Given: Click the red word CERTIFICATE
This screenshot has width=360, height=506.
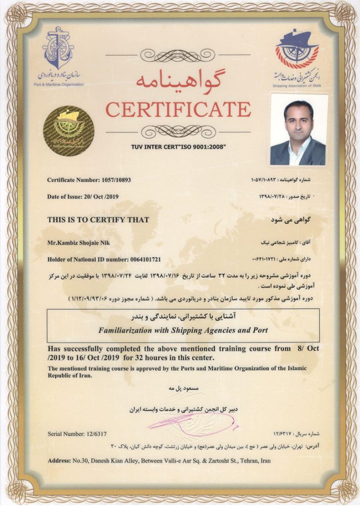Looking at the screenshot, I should coord(178,109).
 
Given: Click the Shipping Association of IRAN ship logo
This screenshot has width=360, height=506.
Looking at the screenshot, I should coord(297,51).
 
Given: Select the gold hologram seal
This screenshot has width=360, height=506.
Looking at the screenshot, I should coord(68,131).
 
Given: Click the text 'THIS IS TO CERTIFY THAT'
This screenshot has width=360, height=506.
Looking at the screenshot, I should coord(98,220).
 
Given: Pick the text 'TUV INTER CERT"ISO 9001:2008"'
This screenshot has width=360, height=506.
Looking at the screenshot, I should coord(178,147).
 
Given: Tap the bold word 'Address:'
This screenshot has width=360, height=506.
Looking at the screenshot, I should coord(61,461).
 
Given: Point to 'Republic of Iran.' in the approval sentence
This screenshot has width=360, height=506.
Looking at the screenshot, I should coord(70,375).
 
